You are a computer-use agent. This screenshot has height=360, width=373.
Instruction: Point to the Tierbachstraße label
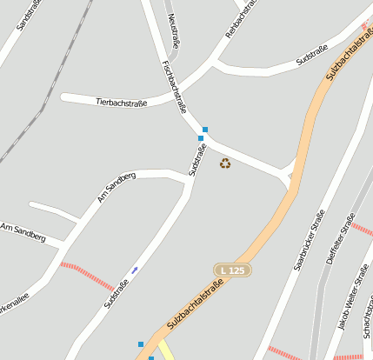coord(121,102)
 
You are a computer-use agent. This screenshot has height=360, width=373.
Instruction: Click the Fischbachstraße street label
coord(175,87)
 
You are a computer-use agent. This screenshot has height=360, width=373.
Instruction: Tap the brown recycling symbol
coord(225,163)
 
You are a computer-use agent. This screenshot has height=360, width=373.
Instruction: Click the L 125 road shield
coord(233,271)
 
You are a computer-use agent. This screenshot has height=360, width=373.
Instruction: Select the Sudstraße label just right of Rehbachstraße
coord(311,55)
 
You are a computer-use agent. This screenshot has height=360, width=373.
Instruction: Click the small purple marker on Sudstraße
coord(134,270)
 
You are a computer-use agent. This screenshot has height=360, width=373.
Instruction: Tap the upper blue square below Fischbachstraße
coord(205,130)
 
